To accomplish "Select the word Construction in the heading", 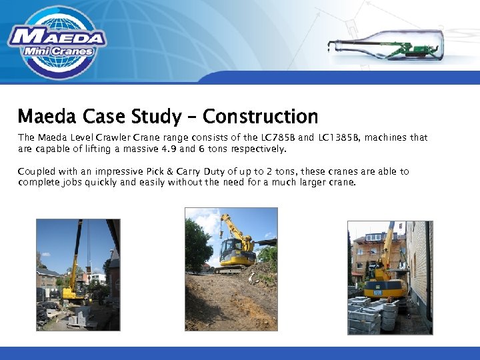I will pos(260,117).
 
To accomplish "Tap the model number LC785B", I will pos(273,138).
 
